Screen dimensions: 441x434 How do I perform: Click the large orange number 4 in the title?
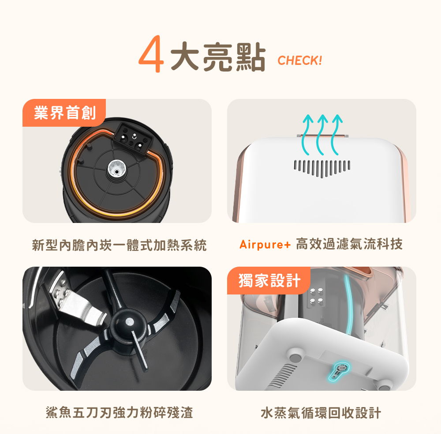[151, 53]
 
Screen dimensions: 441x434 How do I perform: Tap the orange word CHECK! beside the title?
[300, 60]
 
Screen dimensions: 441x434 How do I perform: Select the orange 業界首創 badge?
[64, 113]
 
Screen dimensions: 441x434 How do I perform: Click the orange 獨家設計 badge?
[269, 280]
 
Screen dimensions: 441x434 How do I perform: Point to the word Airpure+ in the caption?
[265, 244]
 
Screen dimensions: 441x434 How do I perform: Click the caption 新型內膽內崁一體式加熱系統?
[119, 245]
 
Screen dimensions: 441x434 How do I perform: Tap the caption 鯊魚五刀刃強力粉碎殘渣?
[119, 413]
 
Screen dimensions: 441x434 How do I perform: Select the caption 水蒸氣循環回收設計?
[321, 413]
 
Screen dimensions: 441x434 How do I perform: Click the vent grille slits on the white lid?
[322, 168]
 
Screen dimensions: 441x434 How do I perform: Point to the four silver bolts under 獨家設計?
[316, 296]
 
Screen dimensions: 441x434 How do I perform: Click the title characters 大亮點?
[218, 57]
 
